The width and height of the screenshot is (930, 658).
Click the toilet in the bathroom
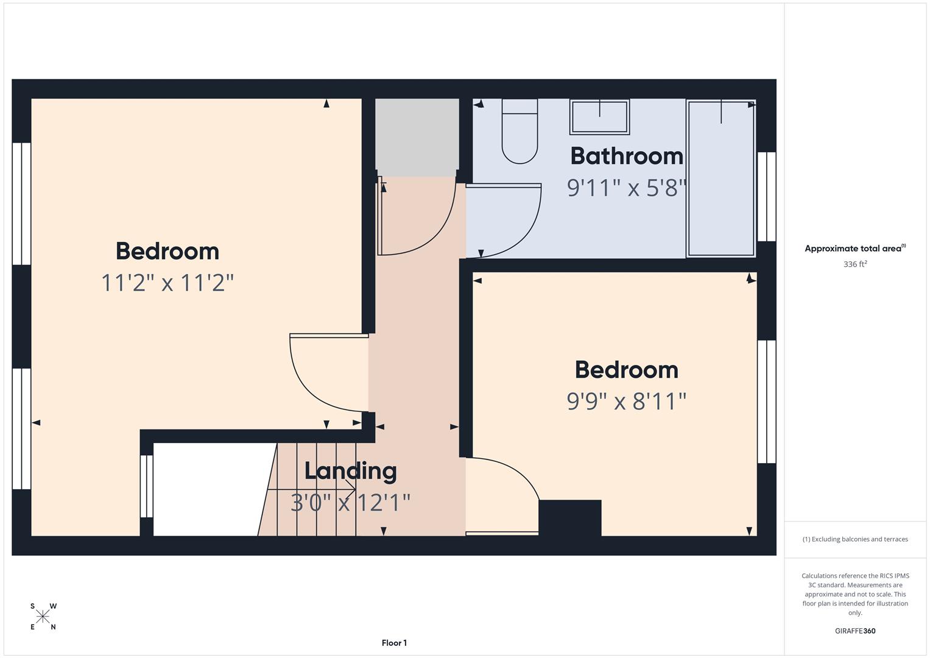point(520,132)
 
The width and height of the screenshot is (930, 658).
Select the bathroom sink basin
point(599,117)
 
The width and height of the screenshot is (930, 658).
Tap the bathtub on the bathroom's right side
point(721,178)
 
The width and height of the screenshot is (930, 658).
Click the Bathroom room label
point(626,156)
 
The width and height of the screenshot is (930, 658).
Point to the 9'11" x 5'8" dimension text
point(626,188)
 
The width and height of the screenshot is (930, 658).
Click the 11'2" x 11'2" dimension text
point(167,283)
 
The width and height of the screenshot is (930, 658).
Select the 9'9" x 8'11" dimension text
point(626,402)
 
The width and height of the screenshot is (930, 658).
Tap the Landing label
point(350,471)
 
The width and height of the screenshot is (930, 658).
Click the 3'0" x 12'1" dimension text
point(350,503)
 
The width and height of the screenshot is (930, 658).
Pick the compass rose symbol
point(43,617)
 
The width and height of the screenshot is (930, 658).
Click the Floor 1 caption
point(394,643)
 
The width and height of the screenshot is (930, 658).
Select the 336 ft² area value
point(854,264)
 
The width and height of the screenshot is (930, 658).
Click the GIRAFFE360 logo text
point(854,631)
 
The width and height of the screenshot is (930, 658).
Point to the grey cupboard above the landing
point(417,137)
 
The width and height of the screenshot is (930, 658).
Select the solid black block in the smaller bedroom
point(570,518)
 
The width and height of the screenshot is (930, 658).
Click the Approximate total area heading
point(854,249)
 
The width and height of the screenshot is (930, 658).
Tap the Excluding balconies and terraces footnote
point(854,539)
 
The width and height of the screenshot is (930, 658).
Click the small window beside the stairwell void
point(146,486)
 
